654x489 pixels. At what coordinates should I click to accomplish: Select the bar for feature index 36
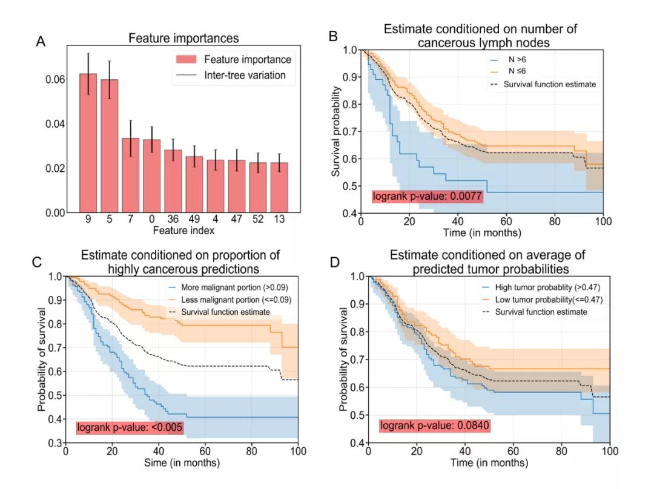click(173, 181)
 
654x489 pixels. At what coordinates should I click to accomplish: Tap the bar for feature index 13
click(279, 187)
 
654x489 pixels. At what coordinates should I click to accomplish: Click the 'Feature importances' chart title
click(183, 39)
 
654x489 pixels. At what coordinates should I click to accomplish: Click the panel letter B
click(332, 36)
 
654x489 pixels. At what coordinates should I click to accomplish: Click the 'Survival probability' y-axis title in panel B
click(337, 132)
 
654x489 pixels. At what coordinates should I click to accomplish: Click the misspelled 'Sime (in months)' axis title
click(182, 463)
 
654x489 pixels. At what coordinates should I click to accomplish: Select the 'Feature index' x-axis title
click(183, 231)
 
